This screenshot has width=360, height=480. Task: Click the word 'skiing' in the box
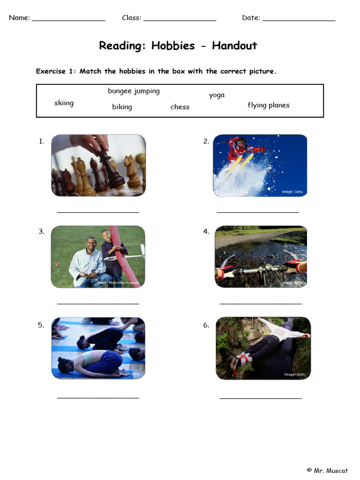[x=64, y=103]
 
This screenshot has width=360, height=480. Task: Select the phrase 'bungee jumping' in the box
[x=134, y=91]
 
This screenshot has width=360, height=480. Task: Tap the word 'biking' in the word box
[x=122, y=107]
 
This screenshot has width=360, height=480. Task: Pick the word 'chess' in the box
[x=180, y=107]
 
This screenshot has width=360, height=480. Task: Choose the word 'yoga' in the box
[x=217, y=95]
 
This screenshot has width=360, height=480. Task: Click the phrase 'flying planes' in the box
[x=268, y=105]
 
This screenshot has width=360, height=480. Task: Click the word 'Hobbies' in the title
[x=173, y=45]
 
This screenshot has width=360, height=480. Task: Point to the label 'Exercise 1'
[x=55, y=71]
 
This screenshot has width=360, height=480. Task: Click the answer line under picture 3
[x=98, y=304]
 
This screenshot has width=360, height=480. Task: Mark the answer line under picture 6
[x=261, y=398]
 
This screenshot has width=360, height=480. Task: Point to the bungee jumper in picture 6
[x=265, y=345]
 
